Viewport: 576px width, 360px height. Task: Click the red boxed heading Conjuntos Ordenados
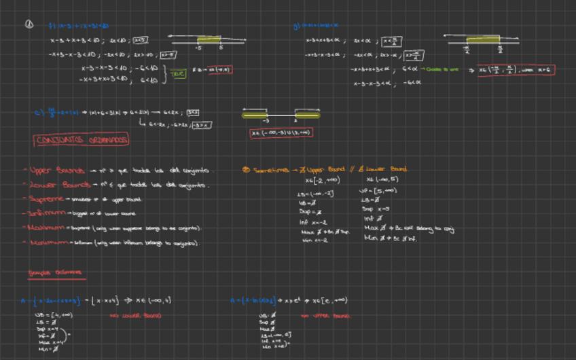[82, 140]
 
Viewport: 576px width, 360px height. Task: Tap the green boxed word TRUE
[178, 73]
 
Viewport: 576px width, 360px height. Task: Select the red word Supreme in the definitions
[46, 199]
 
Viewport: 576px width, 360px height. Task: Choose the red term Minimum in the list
[46, 242]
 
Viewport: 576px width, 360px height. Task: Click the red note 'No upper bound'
[331, 316]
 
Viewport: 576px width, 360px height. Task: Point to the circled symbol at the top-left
[29, 24]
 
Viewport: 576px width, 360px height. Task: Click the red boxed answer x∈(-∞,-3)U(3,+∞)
[281, 132]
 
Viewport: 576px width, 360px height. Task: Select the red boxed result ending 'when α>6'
[516, 69]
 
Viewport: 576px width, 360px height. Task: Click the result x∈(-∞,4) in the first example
[155, 300]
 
